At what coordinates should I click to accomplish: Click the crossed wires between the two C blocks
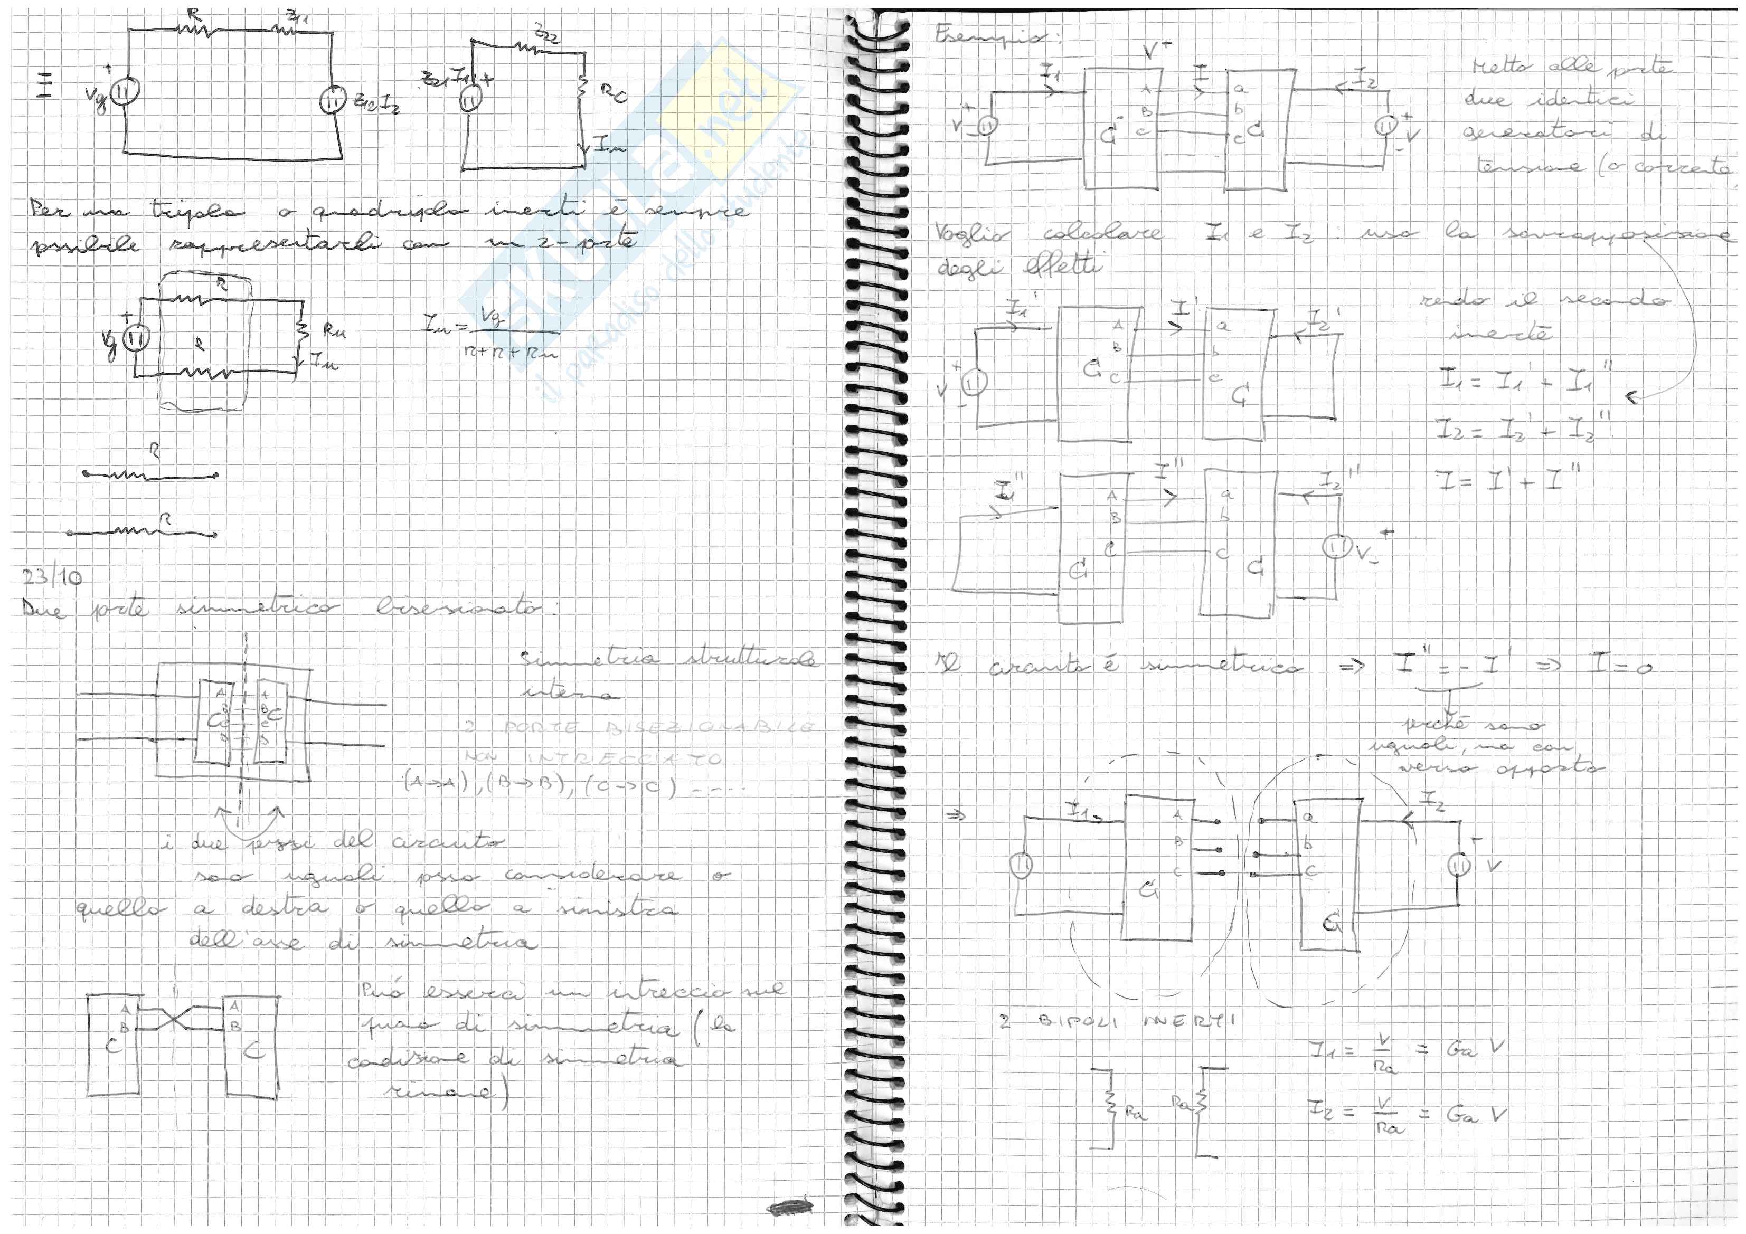pyautogui.click(x=175, y=1020)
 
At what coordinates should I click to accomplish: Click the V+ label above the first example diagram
pyautogui.click(x=1158, y=50)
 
